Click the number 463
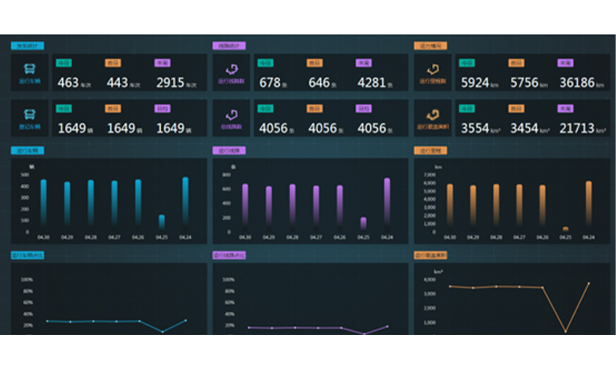click(x=68, y=82)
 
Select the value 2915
click(x=170, y=82)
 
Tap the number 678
click(x=270, y=82)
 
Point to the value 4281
click(x=371, y=82)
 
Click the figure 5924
click(x=474, y=82)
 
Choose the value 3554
click(x=474, y=129)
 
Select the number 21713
click(x=577, y=129)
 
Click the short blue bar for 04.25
click(x=161, y=222)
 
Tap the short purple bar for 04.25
click(x=363, y=223)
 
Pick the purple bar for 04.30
click(x=245, y=205)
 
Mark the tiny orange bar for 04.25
click(x=565, y=229)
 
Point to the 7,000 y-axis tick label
click(x=429, y=175)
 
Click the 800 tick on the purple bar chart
click(x=226, y=175)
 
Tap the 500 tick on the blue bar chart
click(x=25, y=175)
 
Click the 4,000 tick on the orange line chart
click(x=429, y=280)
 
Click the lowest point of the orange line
click(x=565, y=331)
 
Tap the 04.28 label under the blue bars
click(x=91, y=237)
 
